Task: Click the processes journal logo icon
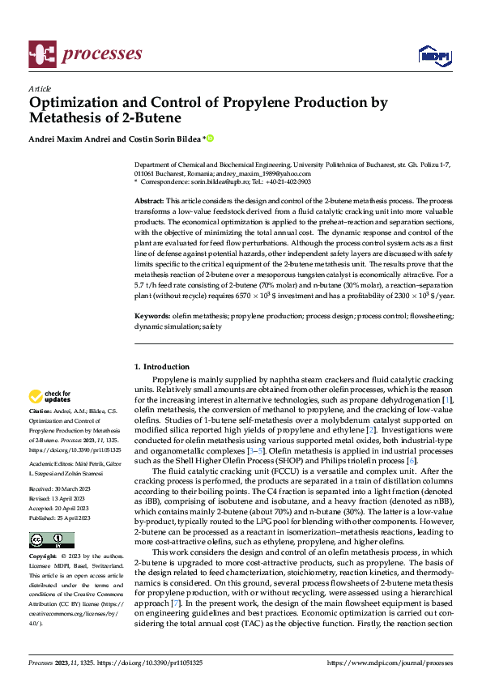tap(40, 53)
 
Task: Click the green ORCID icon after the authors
tap(210, 139)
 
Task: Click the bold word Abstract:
tap(149, 200)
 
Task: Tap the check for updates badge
tap(47, 397)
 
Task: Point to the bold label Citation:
tap(41, 413)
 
